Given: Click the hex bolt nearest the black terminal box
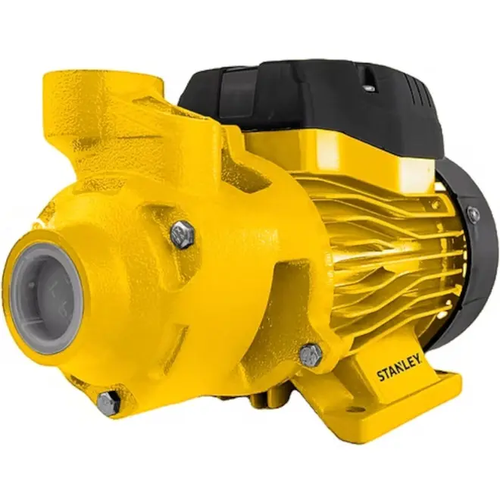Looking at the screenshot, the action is [183, 234].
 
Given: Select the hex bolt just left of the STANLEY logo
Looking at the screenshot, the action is [311, 354].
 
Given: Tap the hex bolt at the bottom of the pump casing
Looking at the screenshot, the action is [109, 403].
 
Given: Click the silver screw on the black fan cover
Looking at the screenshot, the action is [473, 214].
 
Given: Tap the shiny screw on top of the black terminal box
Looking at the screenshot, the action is [370, 88].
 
